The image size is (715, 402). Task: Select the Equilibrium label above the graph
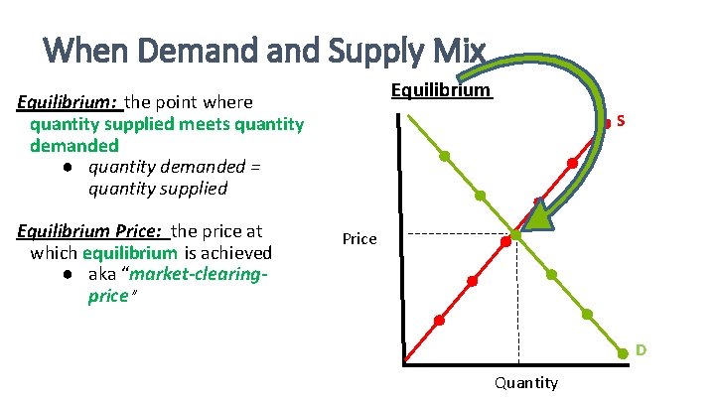(440, 90)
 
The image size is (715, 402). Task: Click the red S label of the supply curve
(620, 121)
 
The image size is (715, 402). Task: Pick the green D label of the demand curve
(642, 349)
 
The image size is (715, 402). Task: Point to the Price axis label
(359, 238)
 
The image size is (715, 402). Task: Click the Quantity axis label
(525, 383)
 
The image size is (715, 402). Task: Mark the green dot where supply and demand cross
(516, 237)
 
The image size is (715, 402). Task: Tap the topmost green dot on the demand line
(445, 157)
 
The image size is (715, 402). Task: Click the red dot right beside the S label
(608, 124)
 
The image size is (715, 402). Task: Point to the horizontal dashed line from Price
(457, 235)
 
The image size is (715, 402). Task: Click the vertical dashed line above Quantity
(518, 298)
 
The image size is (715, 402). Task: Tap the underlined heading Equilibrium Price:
(92, 231)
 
